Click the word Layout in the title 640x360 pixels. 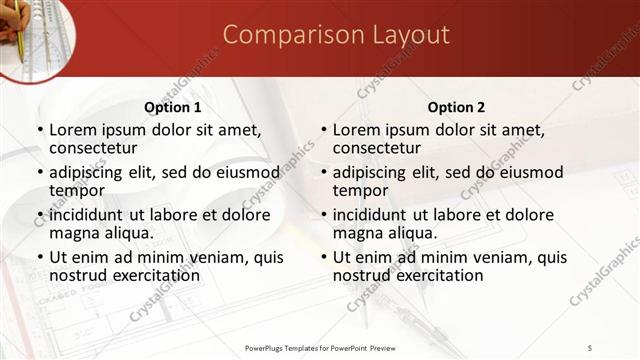pyautogui.click(x=401, y=36)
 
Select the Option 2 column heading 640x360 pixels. pyautogui.click(x=456, y=107)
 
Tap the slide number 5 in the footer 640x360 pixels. pyautogui.click(x=591, y=347)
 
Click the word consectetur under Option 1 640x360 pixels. pyautogui.click(x=93, y=148)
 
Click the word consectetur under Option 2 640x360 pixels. pyautogui.click(x=377, y=148)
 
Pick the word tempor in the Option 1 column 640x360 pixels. pyautogui.click(x=77, y=190)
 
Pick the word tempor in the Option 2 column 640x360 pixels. pyautogui.click(x=361, y=190)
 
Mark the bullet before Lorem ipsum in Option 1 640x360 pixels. pyautogui.click(x=40, y=130)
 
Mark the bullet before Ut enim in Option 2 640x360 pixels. pyautogui.click(x=324, y=257)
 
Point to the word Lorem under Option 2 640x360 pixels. pyautogui.click(x=357, y=130)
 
